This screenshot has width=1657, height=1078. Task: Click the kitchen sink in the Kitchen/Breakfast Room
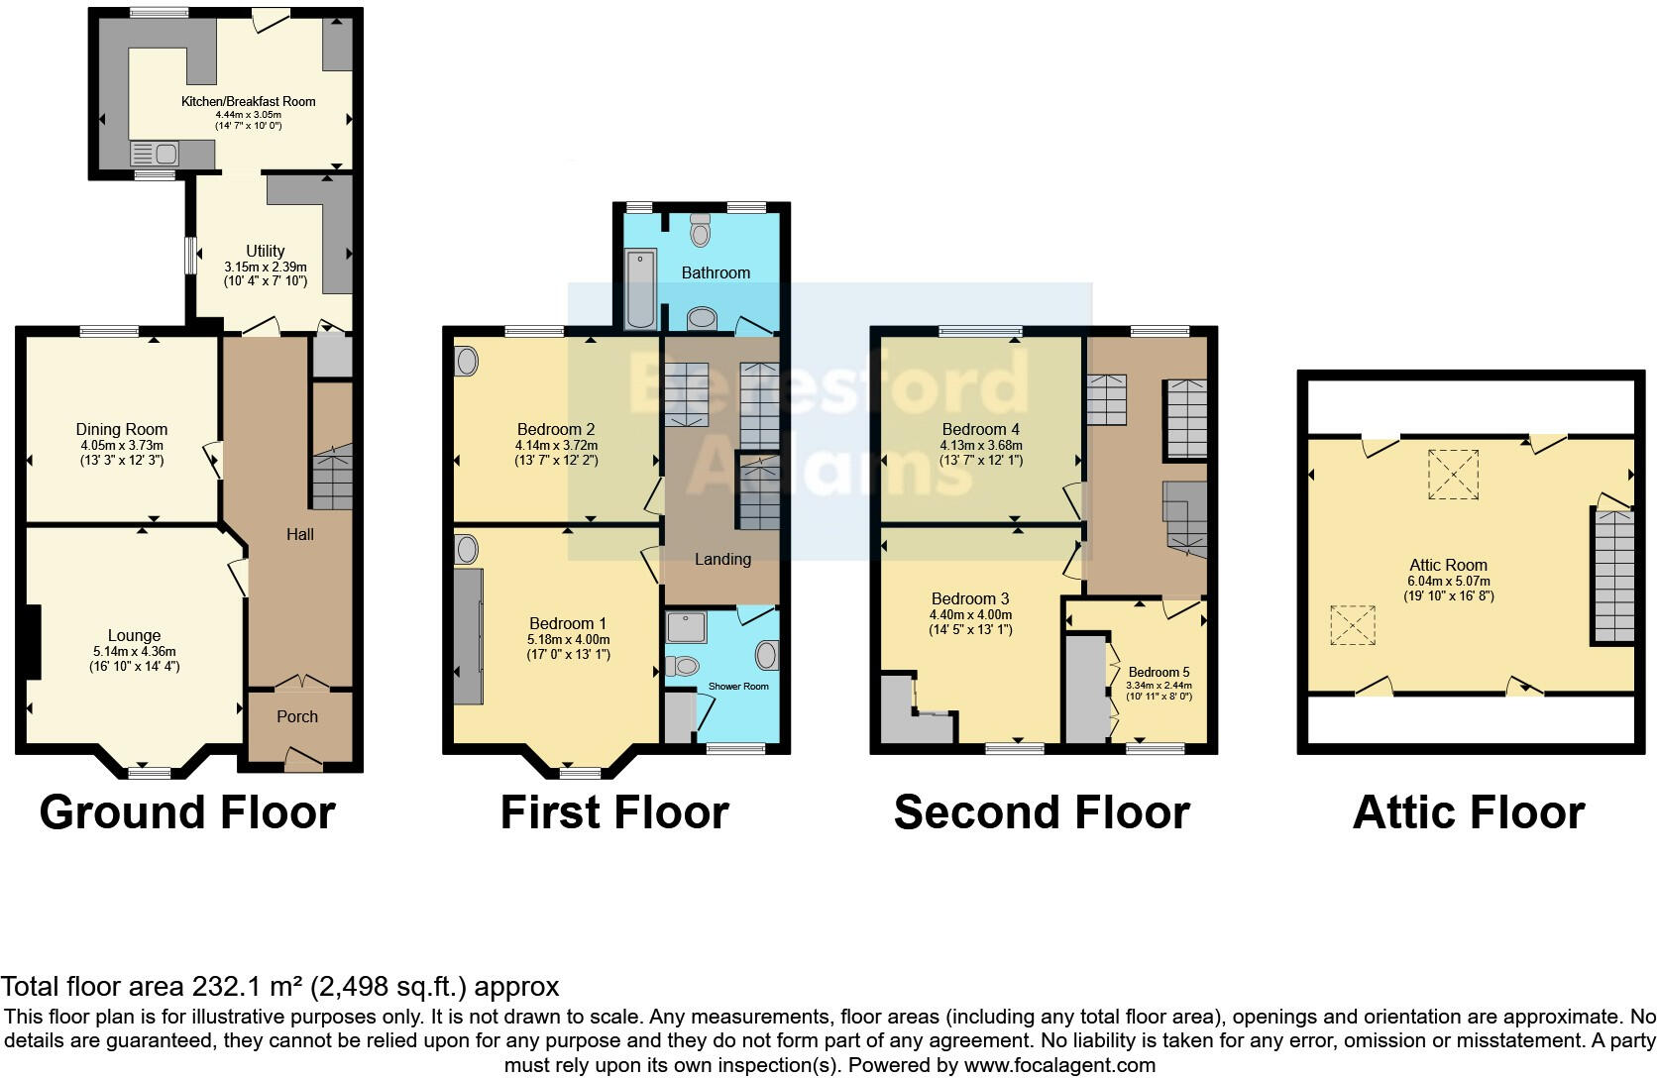click(x=155, y=155)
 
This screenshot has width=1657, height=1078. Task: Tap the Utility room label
click(x=265, y=251)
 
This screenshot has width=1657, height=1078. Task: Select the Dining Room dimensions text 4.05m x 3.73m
click(x=122, y=446)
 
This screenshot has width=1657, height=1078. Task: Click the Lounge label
click(x=134, y=635)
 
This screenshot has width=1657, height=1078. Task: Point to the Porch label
click(x=297, y=716)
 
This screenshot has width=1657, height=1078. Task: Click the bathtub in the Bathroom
click(x=640, y=288)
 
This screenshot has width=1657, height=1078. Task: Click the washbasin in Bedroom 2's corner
click(x=466, y=361)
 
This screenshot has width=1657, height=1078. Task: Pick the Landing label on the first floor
click(x=722, y=559)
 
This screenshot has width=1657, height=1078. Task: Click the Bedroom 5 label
click(x=1159, y=672)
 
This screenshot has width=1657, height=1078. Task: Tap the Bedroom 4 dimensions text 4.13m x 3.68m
click(x=981, y=446)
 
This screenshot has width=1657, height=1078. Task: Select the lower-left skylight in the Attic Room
click(x=1353, y=624)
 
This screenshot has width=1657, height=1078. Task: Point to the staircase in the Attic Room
click(x=1612, y=578)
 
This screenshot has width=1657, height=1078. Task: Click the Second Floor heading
click(x=1041, y=812)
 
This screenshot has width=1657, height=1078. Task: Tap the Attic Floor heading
click(x=1468, y=812)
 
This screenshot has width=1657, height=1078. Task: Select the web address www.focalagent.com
click(x=1058, y=1066)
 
